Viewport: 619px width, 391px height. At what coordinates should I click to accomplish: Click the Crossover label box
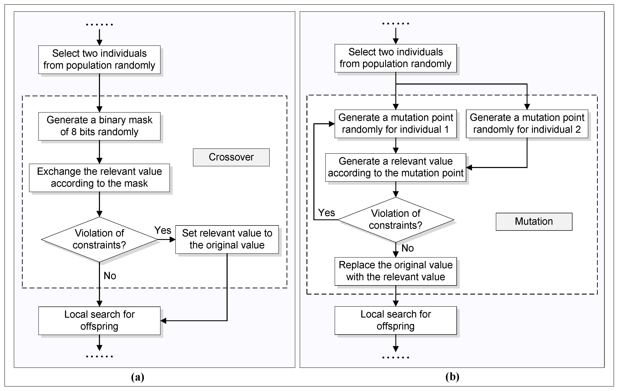tap(231, 157)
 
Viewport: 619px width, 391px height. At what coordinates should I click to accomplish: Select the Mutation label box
tap(534, 221)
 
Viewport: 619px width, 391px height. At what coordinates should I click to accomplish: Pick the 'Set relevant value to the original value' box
tap(227, 239)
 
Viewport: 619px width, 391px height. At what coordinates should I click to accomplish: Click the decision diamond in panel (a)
tap(99, 239)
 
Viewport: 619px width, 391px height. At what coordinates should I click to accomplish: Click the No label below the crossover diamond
tap(110, 276)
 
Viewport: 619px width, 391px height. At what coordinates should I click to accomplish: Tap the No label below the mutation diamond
tap(407, 248)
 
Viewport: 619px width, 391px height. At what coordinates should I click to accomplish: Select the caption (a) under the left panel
tap(137, 377)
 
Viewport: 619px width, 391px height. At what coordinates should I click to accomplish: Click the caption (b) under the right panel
tap(452, 377)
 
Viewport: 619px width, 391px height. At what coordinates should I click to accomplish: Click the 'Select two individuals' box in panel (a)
tap(99, 59)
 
